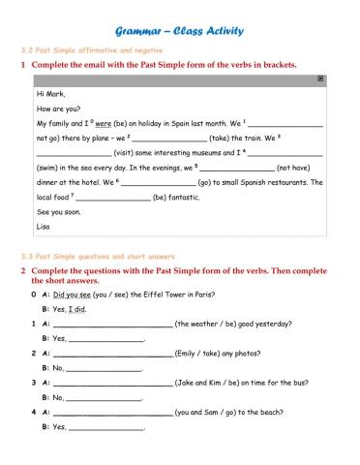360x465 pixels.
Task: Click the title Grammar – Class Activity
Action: coord(180,31)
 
